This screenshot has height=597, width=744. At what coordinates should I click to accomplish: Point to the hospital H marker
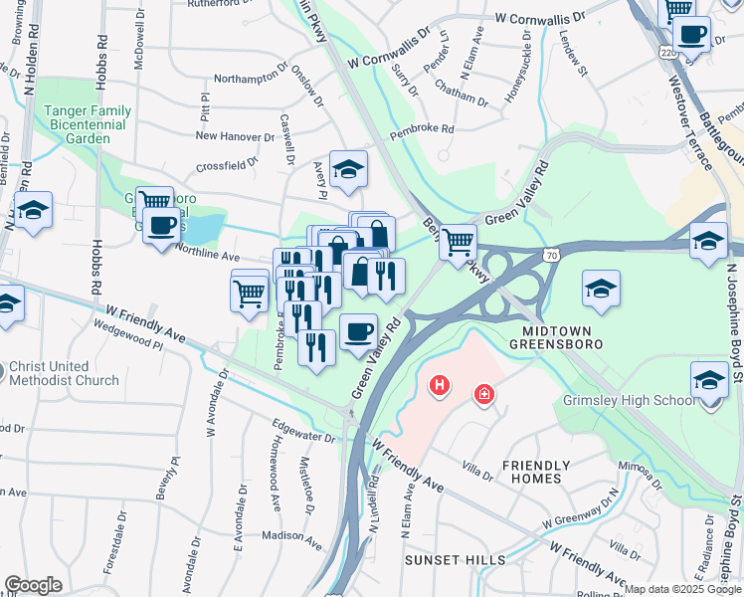pos(438,385)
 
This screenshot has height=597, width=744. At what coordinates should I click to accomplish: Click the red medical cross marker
pos(485,395)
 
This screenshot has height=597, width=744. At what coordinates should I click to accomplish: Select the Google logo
pos(34,585)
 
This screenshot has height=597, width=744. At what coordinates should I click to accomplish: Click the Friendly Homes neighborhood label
pos(536,472)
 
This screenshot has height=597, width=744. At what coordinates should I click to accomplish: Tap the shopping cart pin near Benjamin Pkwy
pos(457,241)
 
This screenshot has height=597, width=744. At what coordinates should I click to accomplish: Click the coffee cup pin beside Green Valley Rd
pos(358,331)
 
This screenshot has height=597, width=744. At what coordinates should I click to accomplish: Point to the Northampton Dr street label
pos(251,79)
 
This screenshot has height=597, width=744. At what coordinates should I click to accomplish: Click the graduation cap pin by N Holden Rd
pos(33,211)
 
